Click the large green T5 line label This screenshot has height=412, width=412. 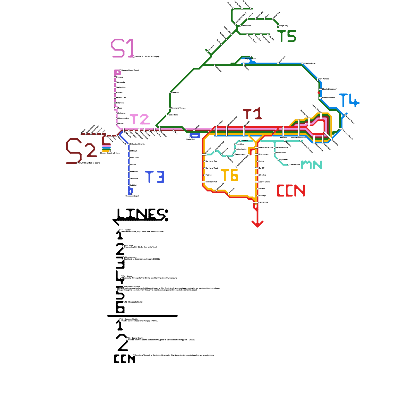point(287,36)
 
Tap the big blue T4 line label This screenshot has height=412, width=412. point(349,100)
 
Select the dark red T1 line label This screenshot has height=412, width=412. point(252,114)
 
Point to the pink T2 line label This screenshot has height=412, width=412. point(140,119)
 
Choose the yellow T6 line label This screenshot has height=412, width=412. point(229,175)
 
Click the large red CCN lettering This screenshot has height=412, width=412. point(291,191)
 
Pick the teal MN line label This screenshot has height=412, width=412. point(312,165)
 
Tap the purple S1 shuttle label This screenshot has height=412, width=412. point(123,48)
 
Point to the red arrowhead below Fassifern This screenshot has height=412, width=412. point(257,224)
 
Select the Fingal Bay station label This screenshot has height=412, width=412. point(284,26)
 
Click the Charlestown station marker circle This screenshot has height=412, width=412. point(288,165)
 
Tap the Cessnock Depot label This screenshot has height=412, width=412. point(132,196)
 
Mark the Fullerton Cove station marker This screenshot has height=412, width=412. point(302,63)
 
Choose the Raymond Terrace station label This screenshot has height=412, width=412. point(178,108)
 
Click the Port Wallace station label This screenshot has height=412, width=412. point(324,79)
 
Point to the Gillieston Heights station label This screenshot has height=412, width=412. point(137,144)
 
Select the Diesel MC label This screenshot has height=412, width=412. point(191,140)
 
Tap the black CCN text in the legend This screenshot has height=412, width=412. point(124,359)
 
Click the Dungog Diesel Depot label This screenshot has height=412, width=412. point(130,70)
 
